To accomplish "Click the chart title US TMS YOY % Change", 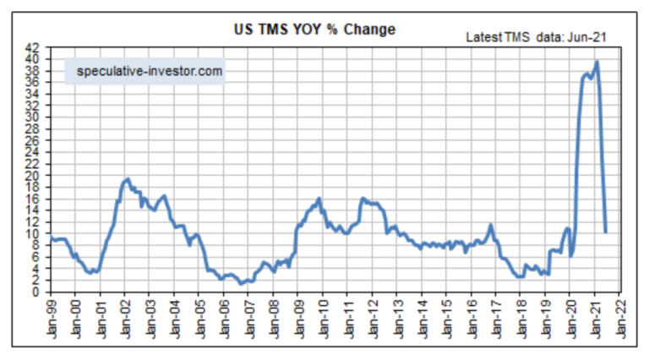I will (x=314, y=30).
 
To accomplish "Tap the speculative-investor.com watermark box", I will (x=150, y=72).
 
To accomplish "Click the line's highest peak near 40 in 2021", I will (x=597, y=62).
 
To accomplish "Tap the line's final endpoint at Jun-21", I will (x=605, y=231).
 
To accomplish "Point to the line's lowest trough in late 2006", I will (x=241, y=283).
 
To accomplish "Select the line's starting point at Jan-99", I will (x=51, y=237).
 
